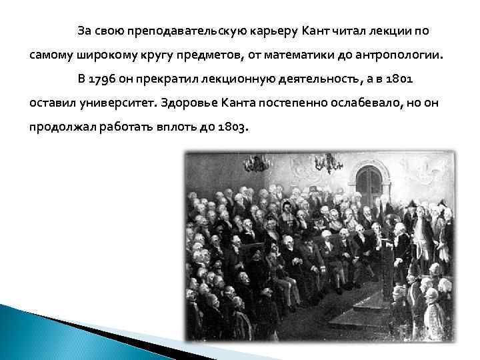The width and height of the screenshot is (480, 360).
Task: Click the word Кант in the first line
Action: [x=317, y=31]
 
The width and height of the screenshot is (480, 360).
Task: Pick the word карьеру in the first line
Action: [x=275, y=31]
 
